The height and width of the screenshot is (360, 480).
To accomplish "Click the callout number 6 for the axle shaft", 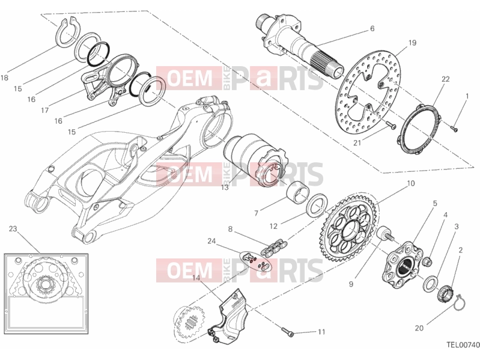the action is click(372, 28).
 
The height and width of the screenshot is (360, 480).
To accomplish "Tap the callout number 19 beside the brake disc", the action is click(412, 43).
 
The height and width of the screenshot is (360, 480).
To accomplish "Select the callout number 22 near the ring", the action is click(445, 79).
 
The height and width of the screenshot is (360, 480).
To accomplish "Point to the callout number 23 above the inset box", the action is click(13, 228).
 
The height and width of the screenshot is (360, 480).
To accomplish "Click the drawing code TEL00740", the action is click(463, 345).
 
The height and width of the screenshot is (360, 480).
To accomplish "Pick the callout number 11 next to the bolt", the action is click(321, 332).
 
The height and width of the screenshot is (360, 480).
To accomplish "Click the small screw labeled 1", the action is click(454, 129).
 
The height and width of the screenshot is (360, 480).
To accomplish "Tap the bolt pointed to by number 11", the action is click(287, 332).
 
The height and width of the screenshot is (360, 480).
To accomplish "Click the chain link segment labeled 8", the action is click(275, 248).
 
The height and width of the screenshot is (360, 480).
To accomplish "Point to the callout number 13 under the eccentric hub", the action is click(225, 188).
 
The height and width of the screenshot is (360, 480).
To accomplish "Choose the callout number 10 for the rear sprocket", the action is click(410, 183).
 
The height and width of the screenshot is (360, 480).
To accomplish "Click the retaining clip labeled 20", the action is click(458, 302).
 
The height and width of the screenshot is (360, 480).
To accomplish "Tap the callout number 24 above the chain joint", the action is click(211, 241).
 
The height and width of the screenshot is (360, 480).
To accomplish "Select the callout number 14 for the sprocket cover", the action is click(196, 278).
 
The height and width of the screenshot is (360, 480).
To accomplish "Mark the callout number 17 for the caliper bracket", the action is click(44, 110).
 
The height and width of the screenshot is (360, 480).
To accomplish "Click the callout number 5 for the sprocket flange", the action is click(435, 203).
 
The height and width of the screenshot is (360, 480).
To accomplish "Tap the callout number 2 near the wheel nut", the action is click(460, 250).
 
